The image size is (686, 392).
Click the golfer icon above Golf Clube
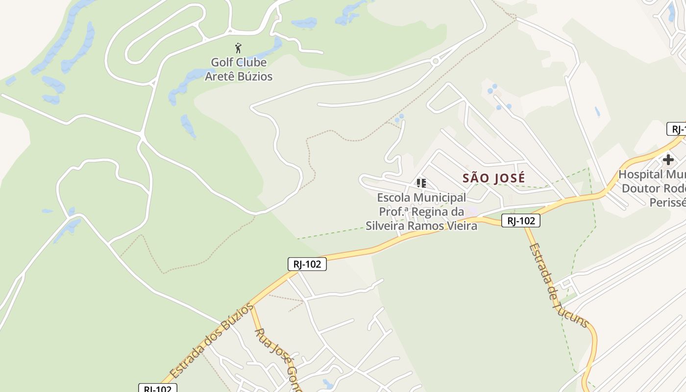(x=238, y=48)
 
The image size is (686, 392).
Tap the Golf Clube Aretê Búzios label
(x=239, y=69)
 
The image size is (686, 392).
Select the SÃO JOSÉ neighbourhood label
(x=493, y=178)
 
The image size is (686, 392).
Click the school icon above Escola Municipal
(x=421, y=183)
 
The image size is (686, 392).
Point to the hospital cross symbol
(x=668, y=160)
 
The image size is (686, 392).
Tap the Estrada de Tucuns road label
(x=559, y=285)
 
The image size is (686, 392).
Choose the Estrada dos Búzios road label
(x=212, y=340)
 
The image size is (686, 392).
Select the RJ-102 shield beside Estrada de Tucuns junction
(x=520, y=221)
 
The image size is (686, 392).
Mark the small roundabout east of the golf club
(x=435, y=61)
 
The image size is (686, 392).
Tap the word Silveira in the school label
(x=387, y=226)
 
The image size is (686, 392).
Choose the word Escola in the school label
(x=394, y=197)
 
